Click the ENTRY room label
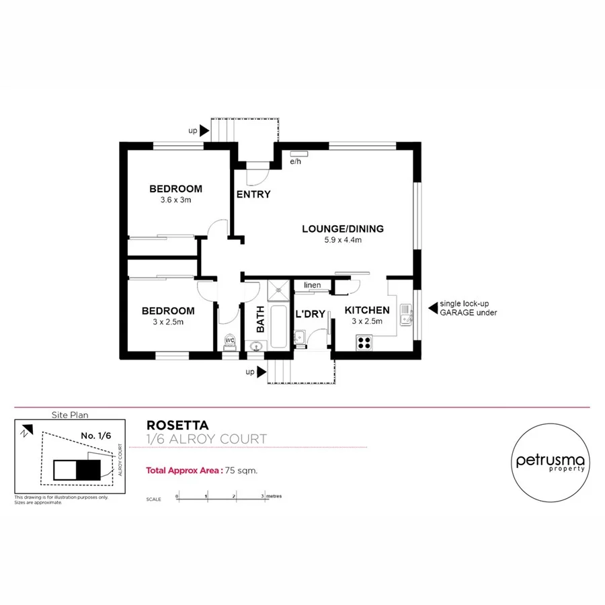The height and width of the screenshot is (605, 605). tap(253, 195)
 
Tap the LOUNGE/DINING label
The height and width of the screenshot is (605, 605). tap(343, 229)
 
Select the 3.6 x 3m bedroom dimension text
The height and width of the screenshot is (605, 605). tap(175, 200)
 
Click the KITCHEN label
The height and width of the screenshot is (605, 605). tap(367, 311)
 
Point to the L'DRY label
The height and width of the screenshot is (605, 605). tap(311, 314)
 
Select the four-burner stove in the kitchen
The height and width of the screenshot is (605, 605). tap(366, 341)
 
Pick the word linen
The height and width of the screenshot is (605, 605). tap(313, 286)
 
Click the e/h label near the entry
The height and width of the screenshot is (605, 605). tap(295, 162)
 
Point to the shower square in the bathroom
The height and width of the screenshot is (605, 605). tap(278, 290)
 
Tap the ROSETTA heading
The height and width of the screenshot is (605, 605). tap(177, 426)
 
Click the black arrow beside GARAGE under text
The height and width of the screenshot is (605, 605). tap(432, 309)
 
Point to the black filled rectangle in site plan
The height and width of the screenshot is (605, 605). tap(87, 469)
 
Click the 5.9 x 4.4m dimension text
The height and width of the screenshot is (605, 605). tap(343, 240)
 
